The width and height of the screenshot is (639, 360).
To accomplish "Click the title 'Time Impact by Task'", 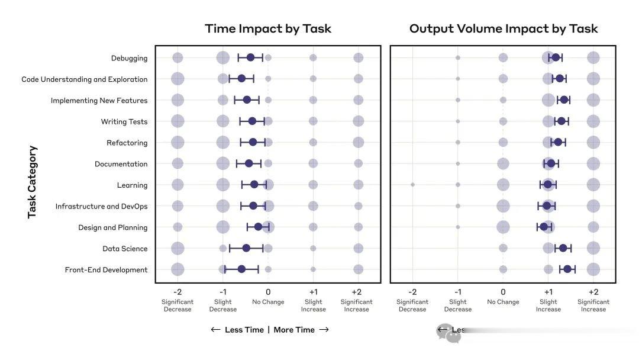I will tap(267, 28).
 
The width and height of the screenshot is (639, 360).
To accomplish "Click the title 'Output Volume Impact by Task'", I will tap(504, 28).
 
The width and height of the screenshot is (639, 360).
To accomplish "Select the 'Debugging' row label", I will tap(129, 58).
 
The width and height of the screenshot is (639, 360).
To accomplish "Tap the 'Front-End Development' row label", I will tap(106, 270).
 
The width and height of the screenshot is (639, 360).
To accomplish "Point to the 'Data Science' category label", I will tap(125, 249).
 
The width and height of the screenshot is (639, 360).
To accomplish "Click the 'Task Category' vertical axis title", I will tap(33, 182).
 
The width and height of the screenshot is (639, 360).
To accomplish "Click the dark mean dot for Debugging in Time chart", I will tap(250, 57).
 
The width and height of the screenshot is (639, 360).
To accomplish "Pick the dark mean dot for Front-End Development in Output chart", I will tap(567, 269).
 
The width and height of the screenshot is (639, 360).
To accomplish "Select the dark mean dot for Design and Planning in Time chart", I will tap(258, 227).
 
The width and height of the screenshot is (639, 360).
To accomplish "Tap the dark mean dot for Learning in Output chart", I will tap(548, 185).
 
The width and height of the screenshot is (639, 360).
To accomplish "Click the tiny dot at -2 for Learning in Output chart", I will tap(412, 185).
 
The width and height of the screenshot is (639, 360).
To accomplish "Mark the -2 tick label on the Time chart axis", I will tap(177, 292).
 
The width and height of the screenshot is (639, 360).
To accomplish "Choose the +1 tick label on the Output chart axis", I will tap(548, 292).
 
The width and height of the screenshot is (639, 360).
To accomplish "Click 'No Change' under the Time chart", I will tap(268, 302).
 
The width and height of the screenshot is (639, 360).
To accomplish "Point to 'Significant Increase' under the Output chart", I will tap(593, 306).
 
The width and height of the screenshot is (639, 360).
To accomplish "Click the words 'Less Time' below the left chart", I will tap(244, 330).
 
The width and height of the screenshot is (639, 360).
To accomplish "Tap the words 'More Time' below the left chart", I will tap(294, 330).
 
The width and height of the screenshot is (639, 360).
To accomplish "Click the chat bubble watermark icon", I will tap(448, 333).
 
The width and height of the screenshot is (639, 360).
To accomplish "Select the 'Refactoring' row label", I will tap(127, 143).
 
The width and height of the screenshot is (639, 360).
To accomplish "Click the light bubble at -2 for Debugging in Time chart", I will tap(177, 58).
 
